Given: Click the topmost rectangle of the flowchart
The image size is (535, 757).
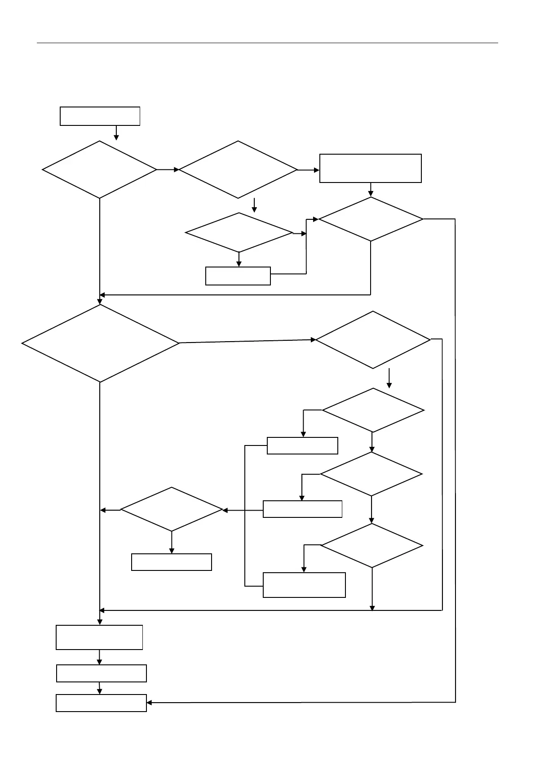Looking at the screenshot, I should click(100, 116).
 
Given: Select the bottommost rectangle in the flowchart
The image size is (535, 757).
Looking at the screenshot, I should click(101, 703).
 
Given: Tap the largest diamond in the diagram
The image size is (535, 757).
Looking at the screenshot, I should click(100, 344).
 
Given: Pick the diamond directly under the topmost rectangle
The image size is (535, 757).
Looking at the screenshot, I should click(99, 169).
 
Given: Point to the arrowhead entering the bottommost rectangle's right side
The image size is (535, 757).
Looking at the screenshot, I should click(150, 703).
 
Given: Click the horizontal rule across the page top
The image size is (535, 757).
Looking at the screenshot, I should click(267, 43).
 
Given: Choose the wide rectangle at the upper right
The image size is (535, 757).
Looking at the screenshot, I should click(370, 168).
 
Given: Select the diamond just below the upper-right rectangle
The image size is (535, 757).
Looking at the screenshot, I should click(371, 219).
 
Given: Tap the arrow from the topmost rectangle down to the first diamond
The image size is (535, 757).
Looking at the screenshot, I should click(116, 133).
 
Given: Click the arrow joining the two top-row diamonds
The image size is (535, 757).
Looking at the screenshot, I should click(168, 169).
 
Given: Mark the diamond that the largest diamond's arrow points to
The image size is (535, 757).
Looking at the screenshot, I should click(373, 340).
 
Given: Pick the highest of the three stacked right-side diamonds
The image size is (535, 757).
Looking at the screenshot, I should click(373, 410).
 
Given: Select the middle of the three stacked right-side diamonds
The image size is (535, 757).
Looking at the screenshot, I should click(371, 474).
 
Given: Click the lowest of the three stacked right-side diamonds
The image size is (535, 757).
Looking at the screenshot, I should click(372, 546).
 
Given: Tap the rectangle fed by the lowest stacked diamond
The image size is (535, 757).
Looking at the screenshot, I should click(304, 585).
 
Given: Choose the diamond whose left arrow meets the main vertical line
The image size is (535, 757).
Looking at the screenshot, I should click(172, 510).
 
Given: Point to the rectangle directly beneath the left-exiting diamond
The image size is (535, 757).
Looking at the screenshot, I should click(172, 562).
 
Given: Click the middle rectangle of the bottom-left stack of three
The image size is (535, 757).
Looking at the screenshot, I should click(102, 673).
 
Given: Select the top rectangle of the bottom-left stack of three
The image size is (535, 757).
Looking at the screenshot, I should click(99, 637).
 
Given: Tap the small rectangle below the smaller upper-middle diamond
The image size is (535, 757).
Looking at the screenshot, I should click(238, 276).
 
